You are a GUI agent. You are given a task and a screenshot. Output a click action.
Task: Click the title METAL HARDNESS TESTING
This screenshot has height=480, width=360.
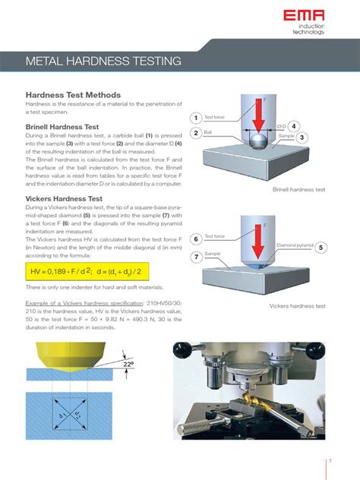(x=103, y=60)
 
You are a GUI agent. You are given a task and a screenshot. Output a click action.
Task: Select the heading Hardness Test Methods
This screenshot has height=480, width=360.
(x=74, y=94)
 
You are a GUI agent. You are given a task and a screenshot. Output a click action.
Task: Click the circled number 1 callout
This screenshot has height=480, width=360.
(x=195, y=118)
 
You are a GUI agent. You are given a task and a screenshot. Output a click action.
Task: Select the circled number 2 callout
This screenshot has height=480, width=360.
(x=195, y=134)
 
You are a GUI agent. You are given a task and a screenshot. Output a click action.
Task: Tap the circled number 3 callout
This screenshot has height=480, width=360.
(x=302, y=137)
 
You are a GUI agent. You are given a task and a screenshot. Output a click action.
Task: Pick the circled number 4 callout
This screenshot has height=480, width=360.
(x=294, y=125)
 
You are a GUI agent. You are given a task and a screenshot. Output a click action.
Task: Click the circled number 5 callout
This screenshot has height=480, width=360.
(x=321, y=247)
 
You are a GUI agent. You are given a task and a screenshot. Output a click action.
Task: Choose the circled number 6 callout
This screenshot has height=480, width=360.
(x=195, y=239)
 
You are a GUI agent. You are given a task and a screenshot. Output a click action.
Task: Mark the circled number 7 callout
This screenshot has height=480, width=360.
(x=195, y=257)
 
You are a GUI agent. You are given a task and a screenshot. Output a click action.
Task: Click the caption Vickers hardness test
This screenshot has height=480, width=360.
(x=297, y=306)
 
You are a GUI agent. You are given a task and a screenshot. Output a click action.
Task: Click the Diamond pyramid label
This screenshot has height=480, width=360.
(x=293, y=245)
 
